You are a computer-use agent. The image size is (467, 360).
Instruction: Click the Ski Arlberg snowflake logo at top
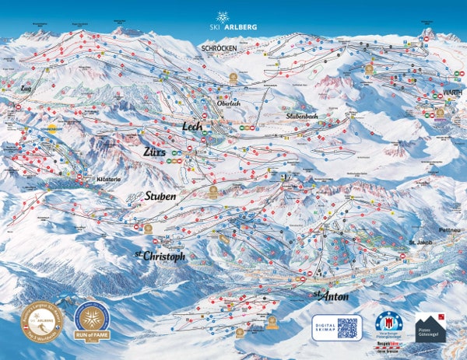223,19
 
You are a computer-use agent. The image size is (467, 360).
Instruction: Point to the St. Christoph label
159,256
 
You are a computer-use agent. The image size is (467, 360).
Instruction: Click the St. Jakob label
420,243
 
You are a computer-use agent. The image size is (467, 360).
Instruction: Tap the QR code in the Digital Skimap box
347,327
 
